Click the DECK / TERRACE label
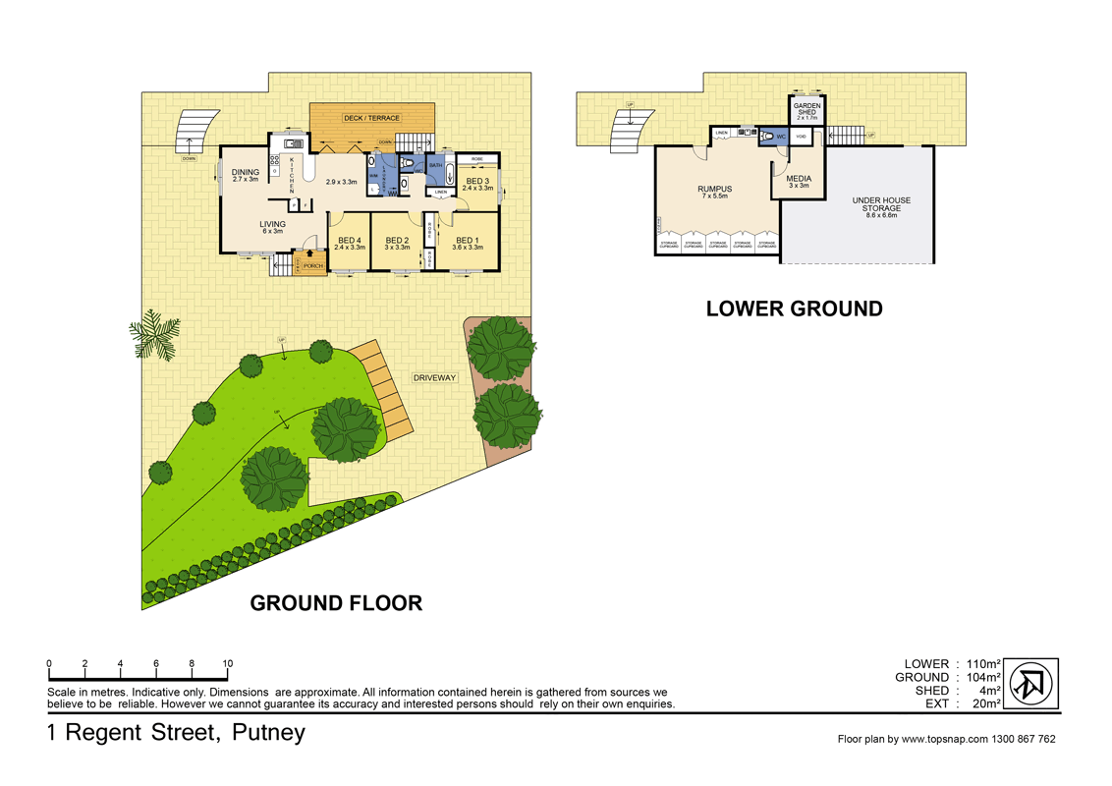point(371,118)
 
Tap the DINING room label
point(246,173)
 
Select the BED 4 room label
point(349,241)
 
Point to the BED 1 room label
point(467,241)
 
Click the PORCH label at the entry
point(312,266)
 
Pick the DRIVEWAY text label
point(434,377)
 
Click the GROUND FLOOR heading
point(336,603)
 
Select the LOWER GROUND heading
point(794,309)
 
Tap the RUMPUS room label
point(715,190)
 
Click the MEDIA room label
point(798,180)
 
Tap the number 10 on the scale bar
point(227,664)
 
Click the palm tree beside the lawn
point(154,334)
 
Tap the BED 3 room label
point(477,181)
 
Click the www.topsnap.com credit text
point(946,739)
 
